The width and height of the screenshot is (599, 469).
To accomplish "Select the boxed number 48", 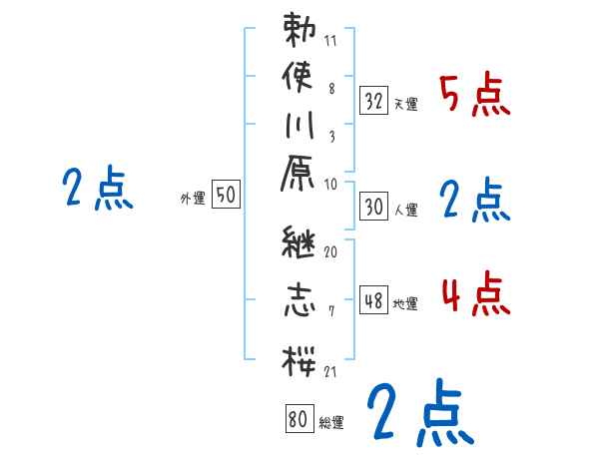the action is click(373, 300).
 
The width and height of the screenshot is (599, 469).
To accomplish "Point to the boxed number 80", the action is click(298, 419).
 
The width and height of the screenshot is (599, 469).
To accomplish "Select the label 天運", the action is click(405, 103).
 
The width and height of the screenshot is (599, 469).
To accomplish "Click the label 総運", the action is click(330, 423).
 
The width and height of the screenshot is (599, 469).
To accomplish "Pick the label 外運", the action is click(193, 199).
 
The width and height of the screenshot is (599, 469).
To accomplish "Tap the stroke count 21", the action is click(330, 371).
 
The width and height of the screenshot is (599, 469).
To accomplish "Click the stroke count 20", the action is click(330, 252).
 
